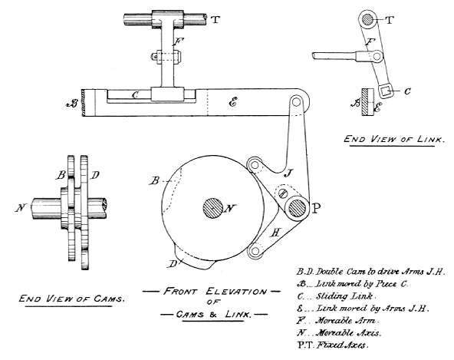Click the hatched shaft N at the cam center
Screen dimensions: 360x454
212,206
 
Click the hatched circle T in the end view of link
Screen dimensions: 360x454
369,21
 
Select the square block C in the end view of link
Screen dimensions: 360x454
385,93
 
